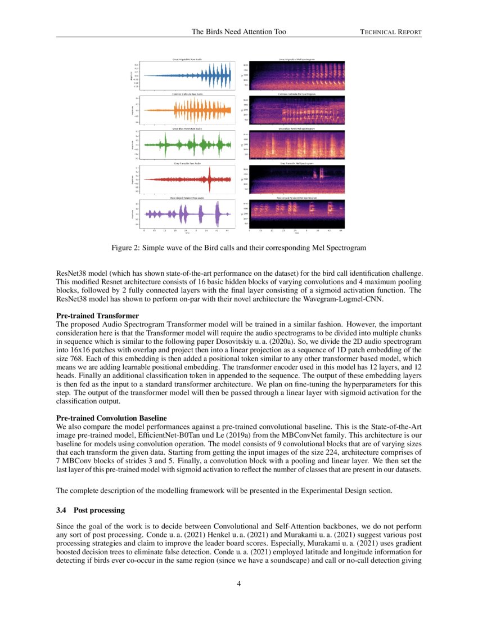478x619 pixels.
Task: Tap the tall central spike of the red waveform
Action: pos(209,180)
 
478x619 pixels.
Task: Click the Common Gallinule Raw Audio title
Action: pos(186,94)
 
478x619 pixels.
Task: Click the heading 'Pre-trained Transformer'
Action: pos(98,316)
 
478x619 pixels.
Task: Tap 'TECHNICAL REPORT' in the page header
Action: pos(390,32)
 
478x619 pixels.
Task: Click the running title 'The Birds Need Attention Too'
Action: pos(238,32)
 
